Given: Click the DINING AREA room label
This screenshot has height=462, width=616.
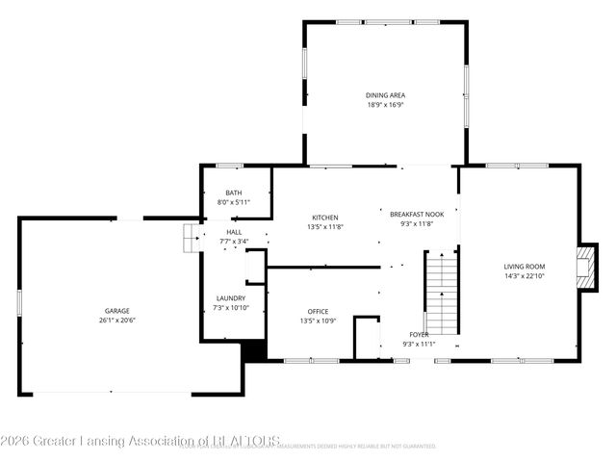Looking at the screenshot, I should (x=385, y=95).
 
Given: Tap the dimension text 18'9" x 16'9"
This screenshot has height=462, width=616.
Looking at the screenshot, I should (x=385, y=105).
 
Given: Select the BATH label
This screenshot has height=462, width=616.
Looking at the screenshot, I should (x=234, y=192).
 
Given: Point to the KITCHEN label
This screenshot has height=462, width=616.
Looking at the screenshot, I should (x=325, y=218).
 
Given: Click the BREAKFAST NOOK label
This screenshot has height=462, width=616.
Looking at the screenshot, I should (x=417, y=214).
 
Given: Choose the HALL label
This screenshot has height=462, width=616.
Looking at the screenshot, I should (x=234, y=232).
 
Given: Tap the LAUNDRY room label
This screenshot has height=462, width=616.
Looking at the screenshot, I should (x=231, y=298).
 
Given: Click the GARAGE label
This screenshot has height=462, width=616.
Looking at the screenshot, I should (x=117, y=311).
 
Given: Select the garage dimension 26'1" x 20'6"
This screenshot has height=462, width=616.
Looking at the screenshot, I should (x=117, y=321).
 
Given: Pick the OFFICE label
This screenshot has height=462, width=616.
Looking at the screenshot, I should (x=319, y=311).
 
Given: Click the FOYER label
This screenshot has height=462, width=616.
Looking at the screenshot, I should (x=420, y=334).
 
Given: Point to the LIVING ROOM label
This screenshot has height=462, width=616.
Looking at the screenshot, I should (x=525, y=267).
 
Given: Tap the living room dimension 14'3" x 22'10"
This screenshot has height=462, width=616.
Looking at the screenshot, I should (x=525, y=276).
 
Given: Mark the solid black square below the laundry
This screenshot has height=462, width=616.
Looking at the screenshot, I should (x=254, y=352).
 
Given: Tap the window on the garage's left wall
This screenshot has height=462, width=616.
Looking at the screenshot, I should (x=19, y=302).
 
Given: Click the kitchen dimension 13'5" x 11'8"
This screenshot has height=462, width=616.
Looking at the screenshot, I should (x=325, y=227).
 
